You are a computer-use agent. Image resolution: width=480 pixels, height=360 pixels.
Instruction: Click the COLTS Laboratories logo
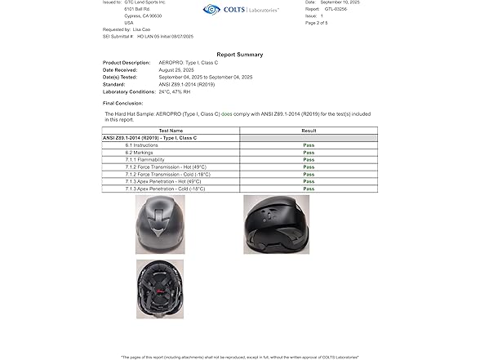click(x=240, y=10)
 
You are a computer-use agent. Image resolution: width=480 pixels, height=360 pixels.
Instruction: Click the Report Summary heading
click(x=239, y=55)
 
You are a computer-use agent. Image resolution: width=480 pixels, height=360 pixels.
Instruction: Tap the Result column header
click(x=309, y=131)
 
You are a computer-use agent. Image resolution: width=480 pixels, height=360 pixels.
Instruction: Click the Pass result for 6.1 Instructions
click(x=309, y=144)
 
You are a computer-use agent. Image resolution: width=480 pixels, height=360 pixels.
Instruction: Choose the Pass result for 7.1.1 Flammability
click(x=309, y=159)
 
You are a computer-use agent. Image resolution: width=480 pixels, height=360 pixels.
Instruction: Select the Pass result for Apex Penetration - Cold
click(x=309, y=189)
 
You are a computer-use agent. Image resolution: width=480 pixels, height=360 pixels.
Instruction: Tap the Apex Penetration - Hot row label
click(x=167, y=181)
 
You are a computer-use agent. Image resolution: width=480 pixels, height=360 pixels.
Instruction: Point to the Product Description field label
click(x=127, y=62)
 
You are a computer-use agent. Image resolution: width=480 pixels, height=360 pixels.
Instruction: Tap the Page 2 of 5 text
click(x=318, y=23)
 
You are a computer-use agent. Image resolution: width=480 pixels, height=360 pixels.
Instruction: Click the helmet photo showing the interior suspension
click(x=160, y=289)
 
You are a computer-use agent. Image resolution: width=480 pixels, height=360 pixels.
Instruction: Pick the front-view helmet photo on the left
click(x=159, y=224)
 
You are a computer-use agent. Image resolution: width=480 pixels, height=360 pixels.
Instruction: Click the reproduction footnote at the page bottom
click(x=239, y=357)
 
